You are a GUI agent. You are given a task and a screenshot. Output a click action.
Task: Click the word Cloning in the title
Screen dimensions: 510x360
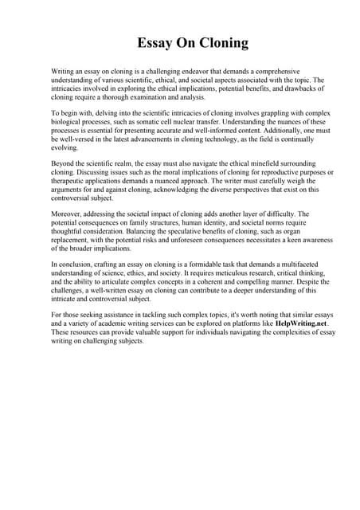click(218, 42)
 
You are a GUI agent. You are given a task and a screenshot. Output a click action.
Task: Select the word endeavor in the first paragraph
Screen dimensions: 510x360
click(189, 72)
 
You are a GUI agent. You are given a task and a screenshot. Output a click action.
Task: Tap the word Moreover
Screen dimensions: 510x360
click(68, 214)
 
